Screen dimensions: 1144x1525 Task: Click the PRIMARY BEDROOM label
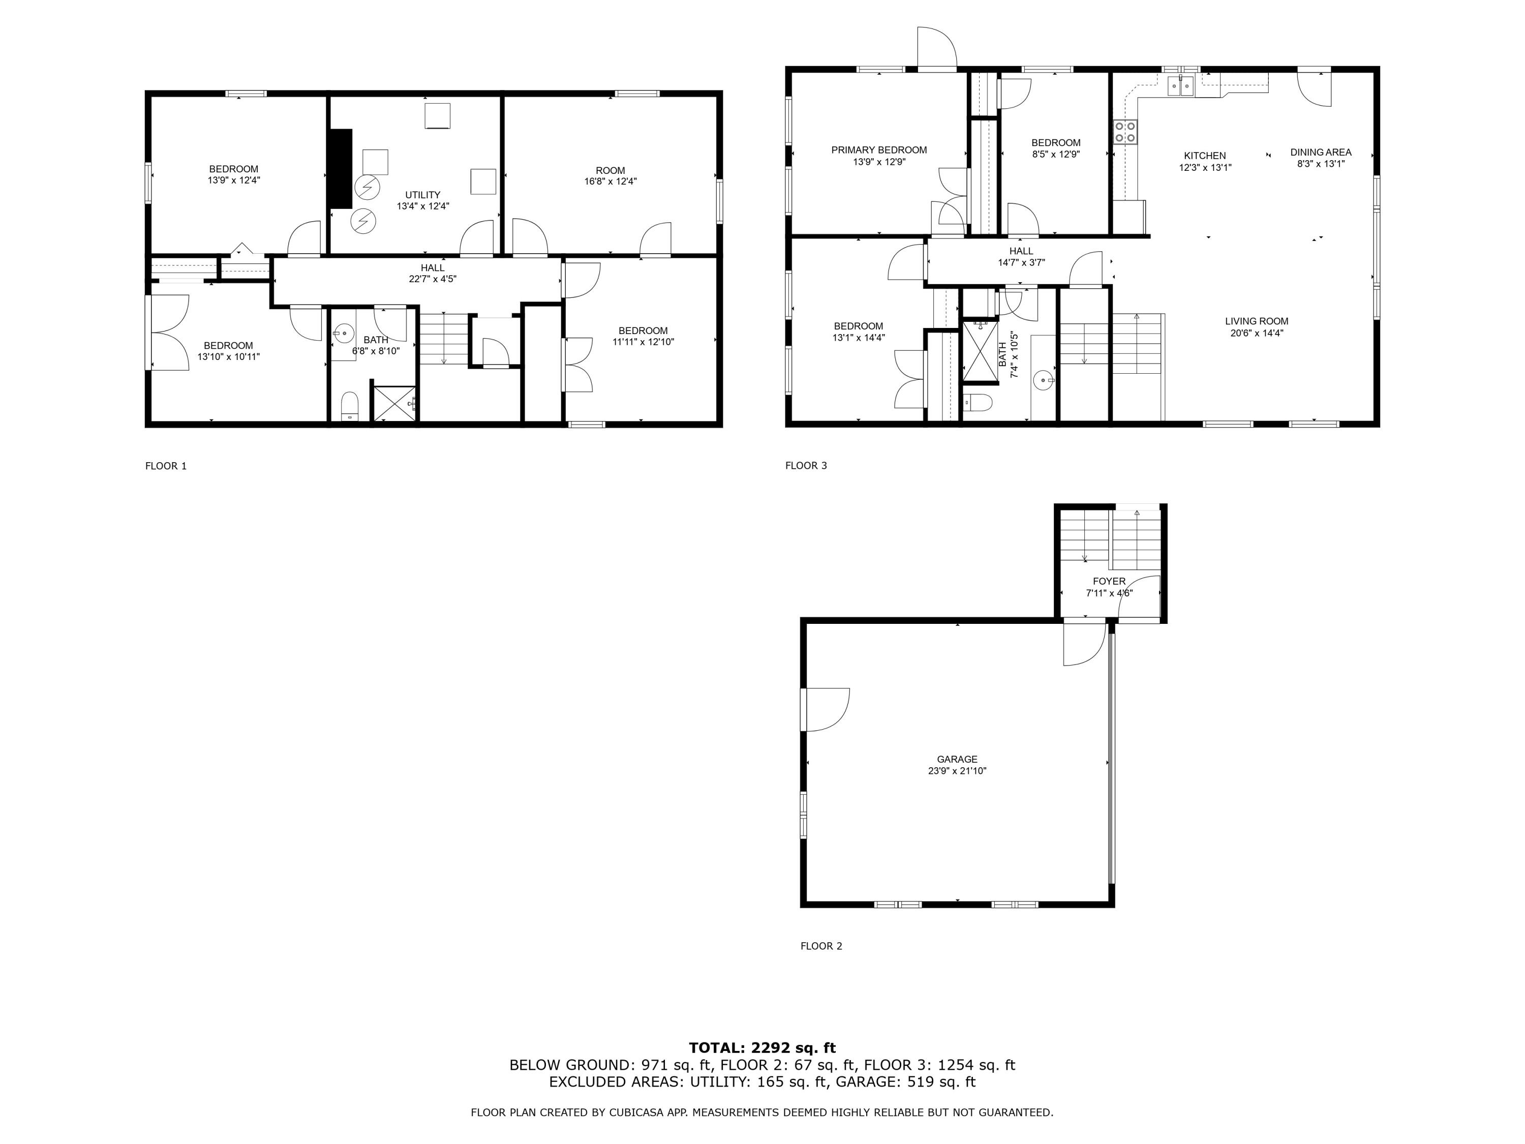(x=878, y=149)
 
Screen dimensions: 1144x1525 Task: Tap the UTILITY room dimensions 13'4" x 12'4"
(x=422, y=206)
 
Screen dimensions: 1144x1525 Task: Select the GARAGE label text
(x=956, y=759)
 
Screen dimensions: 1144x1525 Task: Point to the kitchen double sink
(x=1180, y=85)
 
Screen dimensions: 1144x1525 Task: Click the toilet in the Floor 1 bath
(x=350, y=406)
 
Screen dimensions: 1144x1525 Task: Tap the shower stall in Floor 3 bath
(x=980, y=351)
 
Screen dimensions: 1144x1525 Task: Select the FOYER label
(x=1109, y=581)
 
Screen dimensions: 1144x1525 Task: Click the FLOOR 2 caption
(x=820, y=946)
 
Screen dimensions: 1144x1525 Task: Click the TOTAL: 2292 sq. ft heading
(x=762, y=1047)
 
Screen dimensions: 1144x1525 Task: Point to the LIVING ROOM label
(x=1256, y=321)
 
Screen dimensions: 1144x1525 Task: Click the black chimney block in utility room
(x=341, y=168)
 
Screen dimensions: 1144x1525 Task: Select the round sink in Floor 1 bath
(x=343, y=334)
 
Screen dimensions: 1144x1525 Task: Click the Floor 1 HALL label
(x=432, y=267)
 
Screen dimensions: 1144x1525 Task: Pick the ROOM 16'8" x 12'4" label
(x=610, y=170)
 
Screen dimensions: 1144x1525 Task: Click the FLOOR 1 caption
(x=165, y=466)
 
